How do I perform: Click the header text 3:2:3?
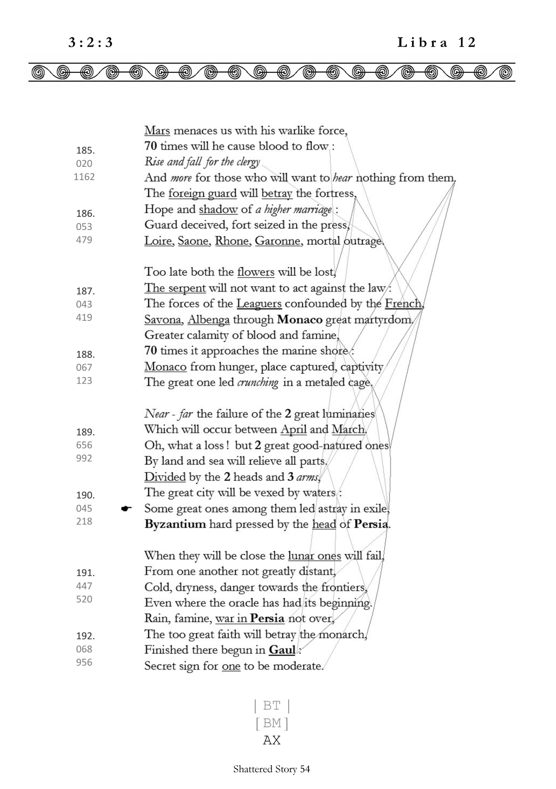tap(91, 43)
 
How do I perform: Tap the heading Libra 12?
tap(436, 43)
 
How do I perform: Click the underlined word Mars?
tap(157, 130)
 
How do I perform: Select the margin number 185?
tap(85, 150)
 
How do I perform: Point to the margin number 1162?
tap(84, 177)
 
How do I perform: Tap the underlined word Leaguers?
tap(259, 304)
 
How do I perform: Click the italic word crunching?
tap(257, 382)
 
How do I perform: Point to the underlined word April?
tap(294, 429)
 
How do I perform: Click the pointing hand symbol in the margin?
tap(126, 509)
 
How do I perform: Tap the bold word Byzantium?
tap(175, 524)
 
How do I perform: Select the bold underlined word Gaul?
tap(282, 650)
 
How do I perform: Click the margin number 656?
tap(84, 445)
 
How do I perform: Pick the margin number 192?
tap(85, 636)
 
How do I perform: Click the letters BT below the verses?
tap(272, 706)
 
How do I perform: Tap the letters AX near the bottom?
tap(272, 740)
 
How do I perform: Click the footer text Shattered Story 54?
tap(272, 769)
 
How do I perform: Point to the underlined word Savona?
tap(162, 319)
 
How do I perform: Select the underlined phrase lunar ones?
tap(314, 556)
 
